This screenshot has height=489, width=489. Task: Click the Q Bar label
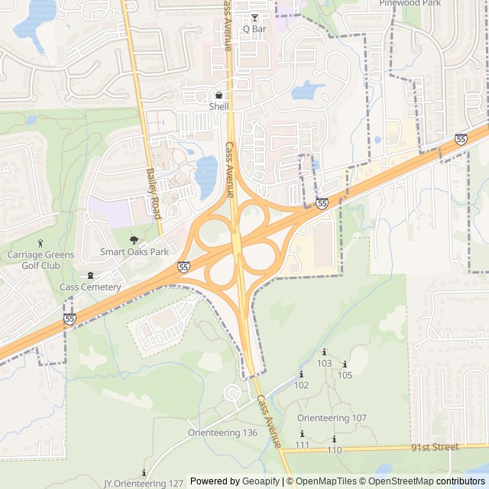(254, 29)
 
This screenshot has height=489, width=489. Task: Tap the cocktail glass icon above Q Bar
(254, 18)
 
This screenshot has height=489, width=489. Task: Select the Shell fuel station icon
(219, 96)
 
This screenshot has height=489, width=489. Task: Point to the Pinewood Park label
(410, 3)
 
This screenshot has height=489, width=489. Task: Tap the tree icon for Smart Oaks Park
(134, 240)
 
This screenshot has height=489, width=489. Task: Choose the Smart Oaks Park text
(134, 251)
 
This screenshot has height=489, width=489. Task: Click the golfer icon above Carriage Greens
(51, 244)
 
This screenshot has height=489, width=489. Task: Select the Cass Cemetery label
(90, 287)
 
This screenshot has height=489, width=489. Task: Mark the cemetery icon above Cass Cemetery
(90, 275)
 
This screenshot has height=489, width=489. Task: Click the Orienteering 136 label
(222, 432)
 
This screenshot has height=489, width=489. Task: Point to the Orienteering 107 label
(332, 418)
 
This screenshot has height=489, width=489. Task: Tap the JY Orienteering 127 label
(144, 484)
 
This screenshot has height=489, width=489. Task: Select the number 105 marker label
(345, 375)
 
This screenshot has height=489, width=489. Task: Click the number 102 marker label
(301, 385)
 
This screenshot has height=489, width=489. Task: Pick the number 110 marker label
(334, 450)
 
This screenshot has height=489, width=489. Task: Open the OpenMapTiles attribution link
(326, 481)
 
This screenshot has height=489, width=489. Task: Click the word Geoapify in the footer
(261, 481)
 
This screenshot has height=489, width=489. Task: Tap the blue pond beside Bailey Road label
(206, 176)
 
